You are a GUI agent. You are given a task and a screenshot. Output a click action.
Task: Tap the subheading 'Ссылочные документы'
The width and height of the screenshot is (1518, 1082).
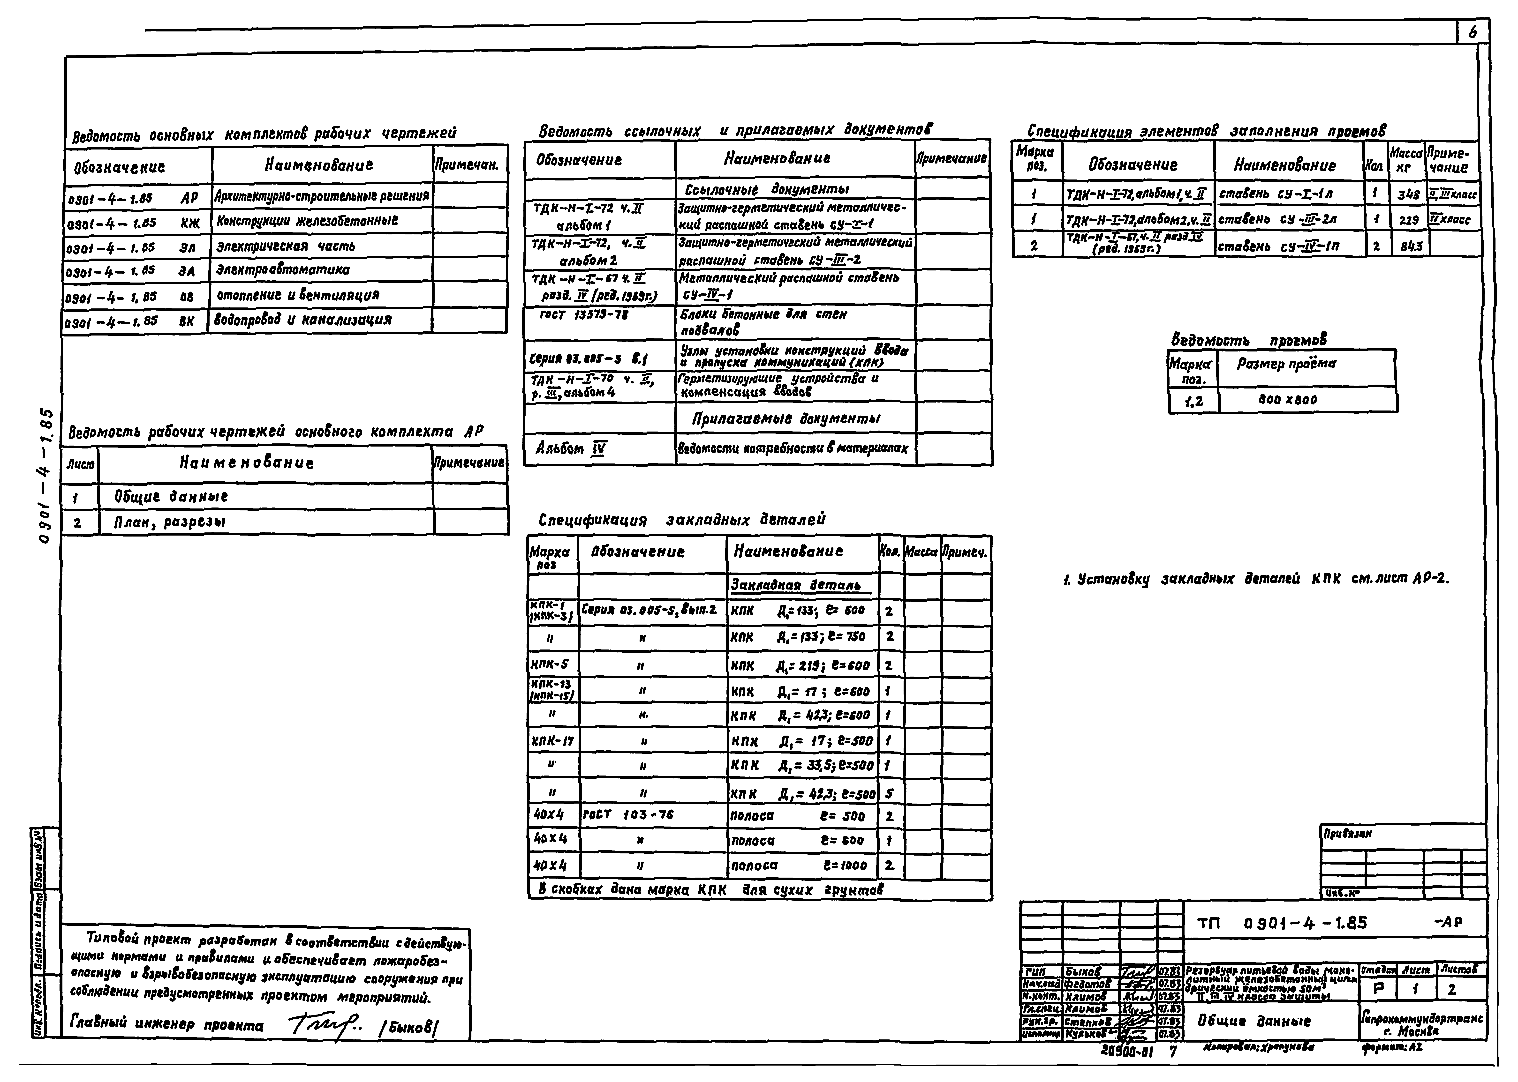pos(766,189)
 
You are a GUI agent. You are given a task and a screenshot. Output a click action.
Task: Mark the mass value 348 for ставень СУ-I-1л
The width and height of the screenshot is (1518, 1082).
pos(1408,195)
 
